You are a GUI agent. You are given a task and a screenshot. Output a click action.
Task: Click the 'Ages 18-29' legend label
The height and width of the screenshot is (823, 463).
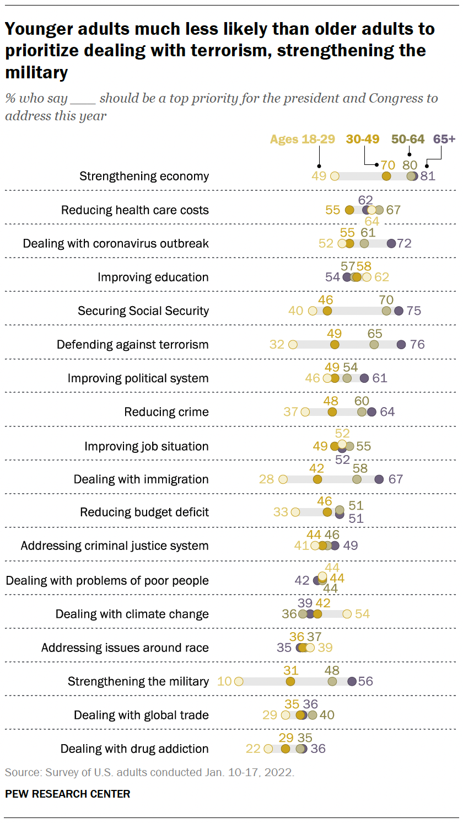[302, 139]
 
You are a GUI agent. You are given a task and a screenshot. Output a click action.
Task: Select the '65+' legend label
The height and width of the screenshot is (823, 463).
[444, 139]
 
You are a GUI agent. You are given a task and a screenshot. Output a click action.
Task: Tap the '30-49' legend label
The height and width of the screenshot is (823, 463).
[363, 139]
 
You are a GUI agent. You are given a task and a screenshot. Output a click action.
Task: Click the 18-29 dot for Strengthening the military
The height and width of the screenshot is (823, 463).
[238, 681]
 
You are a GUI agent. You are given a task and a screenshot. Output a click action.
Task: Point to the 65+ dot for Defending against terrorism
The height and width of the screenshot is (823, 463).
[401, 345]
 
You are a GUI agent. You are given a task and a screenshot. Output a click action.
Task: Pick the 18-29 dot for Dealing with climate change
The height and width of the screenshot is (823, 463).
[347, 614]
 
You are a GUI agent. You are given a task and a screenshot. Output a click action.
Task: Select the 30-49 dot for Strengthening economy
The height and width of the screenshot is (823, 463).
[386, 177]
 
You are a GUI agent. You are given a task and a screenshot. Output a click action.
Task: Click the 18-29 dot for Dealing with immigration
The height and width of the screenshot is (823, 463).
[283, 479]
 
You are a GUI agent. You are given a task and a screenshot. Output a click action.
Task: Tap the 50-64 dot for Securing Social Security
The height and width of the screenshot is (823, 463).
[386, 311]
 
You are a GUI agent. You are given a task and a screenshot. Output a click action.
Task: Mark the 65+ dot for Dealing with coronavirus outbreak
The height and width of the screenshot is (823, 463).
[391, 244]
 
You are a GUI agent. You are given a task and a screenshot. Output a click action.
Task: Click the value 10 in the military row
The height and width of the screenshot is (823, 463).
[224, 681]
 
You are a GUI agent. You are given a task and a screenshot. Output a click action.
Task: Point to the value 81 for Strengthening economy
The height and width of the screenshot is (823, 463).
[428, 177]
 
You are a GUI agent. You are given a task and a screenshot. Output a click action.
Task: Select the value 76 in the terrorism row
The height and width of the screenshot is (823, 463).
[417, 345]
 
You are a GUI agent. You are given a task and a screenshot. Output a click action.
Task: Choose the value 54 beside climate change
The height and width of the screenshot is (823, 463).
[362, 614]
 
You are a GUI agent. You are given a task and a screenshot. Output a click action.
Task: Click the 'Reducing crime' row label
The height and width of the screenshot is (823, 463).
[166, 412]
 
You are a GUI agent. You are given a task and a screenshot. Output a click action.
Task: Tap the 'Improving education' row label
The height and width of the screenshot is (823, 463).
[153, 277]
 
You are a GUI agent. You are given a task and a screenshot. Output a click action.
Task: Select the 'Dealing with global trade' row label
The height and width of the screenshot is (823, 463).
[141, 715]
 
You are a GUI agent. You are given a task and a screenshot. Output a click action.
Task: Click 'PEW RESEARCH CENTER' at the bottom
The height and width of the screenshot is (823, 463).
[68, 794]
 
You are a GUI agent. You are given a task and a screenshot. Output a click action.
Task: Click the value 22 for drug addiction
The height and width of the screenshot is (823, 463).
[253, 749]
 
